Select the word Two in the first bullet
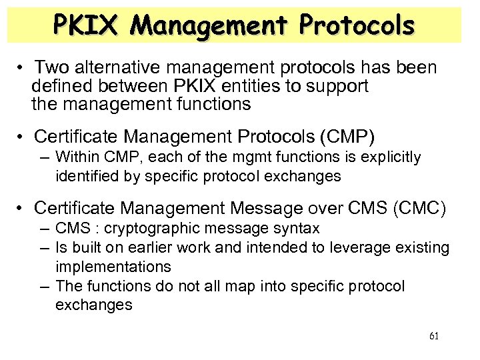click(x=56, y=68)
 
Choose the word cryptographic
click(x=163, y=228)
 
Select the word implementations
click(x=113, y=266)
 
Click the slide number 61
click(x=434, y=335)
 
